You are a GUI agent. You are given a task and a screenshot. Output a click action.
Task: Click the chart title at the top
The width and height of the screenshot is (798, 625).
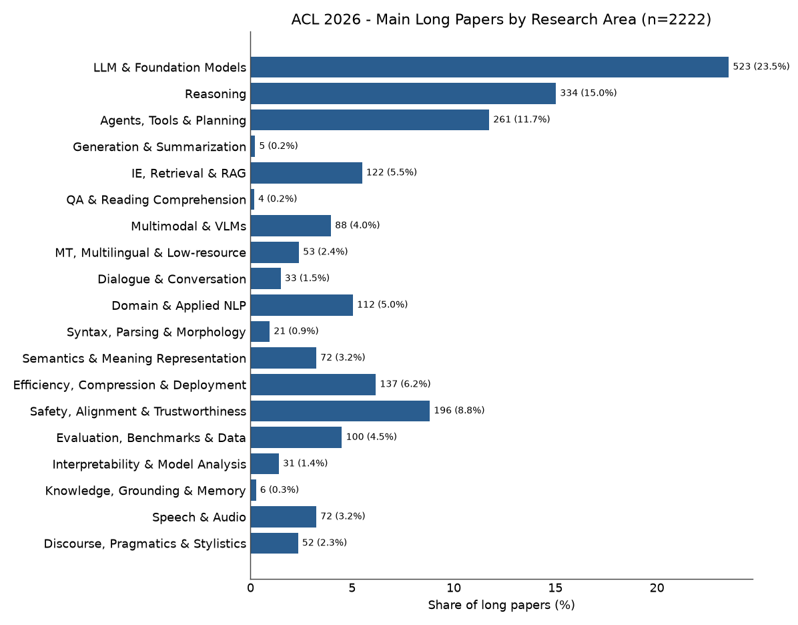click(501, 19)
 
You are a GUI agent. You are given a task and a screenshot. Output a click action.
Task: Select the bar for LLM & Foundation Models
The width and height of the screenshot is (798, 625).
click(490, 67)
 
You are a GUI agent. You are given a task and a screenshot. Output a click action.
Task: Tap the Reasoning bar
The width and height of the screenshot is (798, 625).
click(403, 93)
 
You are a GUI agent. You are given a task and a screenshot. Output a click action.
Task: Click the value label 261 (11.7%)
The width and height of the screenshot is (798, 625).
click(522, 120)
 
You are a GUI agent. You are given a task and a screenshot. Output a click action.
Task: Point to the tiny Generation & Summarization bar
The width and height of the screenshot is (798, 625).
click(253, 146)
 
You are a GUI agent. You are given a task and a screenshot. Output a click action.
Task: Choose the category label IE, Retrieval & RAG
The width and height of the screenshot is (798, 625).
click(189, 174)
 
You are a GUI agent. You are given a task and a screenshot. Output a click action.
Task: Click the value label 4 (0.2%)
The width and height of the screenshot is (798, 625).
click(278, 199)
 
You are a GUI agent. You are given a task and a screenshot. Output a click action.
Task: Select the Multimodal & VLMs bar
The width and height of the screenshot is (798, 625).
click(291, 226)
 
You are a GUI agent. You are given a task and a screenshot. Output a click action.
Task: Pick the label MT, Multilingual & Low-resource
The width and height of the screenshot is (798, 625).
click(151, 253)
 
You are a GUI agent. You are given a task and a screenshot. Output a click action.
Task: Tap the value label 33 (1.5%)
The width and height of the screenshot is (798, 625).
click(307, 278)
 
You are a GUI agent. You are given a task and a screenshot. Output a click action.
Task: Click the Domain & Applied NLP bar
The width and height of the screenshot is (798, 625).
click(302, 305)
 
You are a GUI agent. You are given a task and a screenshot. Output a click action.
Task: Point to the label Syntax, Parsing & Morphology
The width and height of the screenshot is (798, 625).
click(156, 333)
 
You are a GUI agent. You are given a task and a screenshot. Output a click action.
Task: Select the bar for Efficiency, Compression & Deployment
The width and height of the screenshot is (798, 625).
click(313, 385)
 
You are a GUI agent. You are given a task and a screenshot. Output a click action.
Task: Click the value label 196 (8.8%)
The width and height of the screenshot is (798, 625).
click(459, 411)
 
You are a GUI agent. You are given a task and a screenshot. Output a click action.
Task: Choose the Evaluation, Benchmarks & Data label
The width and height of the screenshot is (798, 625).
click(151, 438)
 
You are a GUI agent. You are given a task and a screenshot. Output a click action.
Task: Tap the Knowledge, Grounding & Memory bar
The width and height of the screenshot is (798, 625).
click(254, 490)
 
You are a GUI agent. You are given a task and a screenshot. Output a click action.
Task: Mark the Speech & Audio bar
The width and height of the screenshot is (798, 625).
click(284, 517)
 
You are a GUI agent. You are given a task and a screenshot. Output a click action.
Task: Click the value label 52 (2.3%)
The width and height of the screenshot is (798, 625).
click(325, 543)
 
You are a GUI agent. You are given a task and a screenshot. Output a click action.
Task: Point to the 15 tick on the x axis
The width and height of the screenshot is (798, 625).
click(555, 588)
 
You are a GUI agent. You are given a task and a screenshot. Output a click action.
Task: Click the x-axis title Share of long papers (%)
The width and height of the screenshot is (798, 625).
click(501, 605)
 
